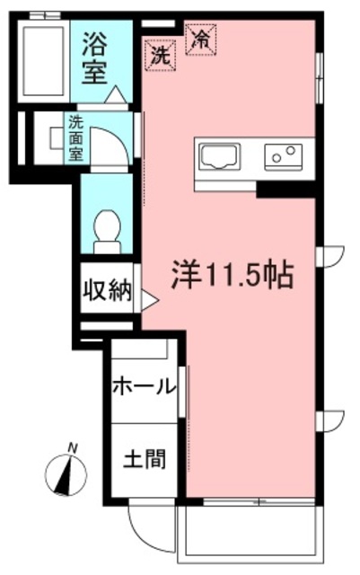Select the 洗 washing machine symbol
pos(160,54)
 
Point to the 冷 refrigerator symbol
pos(200,39)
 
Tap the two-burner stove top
pos(286,156)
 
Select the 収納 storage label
pos(109,290)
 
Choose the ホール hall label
pos(144,387)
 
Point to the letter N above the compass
pos(73,447)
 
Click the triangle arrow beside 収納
pos(148,300)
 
